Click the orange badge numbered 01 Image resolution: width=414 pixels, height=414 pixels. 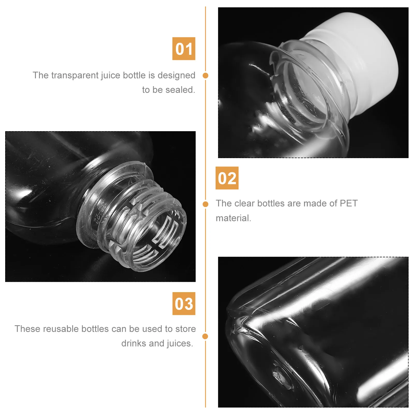pos(184,49)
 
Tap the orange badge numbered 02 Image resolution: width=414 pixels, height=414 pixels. pos(227,178)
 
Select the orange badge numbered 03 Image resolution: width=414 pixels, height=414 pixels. pos(184,304)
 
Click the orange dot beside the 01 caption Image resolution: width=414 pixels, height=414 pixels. pos(205,76)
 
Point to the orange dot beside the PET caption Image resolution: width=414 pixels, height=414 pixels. pos(205,204)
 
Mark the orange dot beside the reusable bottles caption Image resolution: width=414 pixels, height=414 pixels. pos(205,336)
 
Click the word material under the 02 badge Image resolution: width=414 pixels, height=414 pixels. pos(233,218)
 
